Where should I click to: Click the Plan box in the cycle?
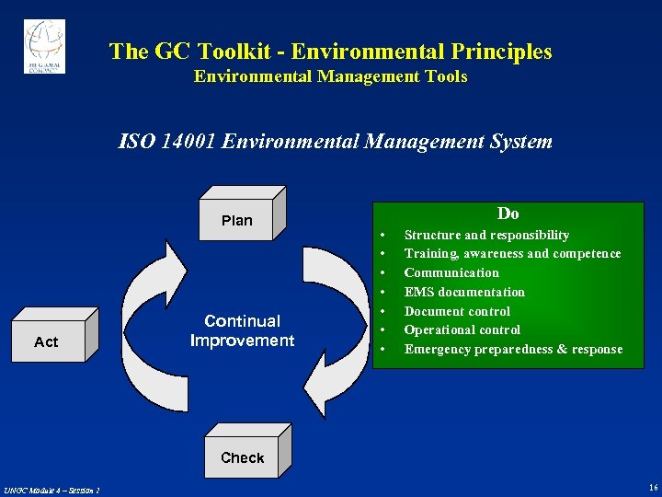(x=237, y=220)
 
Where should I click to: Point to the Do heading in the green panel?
(x=508, y=214)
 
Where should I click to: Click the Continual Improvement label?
(x=242, y=330)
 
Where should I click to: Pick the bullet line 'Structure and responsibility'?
(x=486, y=236)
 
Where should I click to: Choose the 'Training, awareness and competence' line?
(x=512, y=254)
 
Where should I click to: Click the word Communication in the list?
(x=451, y=273)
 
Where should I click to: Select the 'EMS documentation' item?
(x=464, y=293)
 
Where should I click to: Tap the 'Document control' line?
(x=457, y=311)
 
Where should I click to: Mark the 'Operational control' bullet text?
(x=462, y=330)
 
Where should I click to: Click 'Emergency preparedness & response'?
(x=513, y=350)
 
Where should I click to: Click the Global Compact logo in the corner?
(x=44, y=46)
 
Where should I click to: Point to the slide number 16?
(x=652, y=487)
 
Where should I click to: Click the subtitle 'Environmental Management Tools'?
(x=330, y=77)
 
